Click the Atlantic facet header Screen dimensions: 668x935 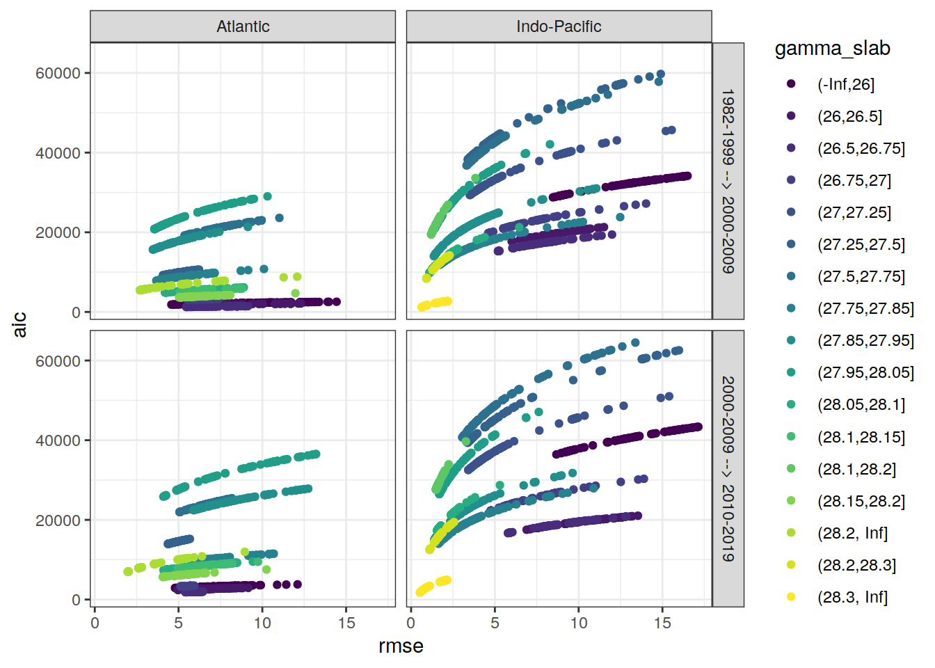tap(243, 26)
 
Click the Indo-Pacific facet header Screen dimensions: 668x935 tap(559, 26)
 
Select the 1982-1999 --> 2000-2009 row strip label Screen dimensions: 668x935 tap(728, 181)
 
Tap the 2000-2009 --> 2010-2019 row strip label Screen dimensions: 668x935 tap(728, 469)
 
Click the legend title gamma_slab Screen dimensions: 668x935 tap(832, 49)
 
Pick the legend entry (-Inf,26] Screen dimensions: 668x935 tap(845, 84)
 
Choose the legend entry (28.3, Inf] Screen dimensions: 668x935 tap(852, 597)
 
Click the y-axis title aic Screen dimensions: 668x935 tap(20, 324)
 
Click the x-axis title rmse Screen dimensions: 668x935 tap(401, 646)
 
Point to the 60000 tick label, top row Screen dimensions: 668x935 tap(58, 73)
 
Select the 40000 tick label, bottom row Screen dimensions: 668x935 tap(58, 440)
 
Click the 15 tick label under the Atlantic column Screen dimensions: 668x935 tap(346, 623)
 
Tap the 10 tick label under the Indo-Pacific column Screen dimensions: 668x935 tap(579, 623)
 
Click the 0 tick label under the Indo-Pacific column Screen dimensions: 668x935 tap(411, 623)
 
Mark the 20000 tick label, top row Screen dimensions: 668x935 tap(58, 232)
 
